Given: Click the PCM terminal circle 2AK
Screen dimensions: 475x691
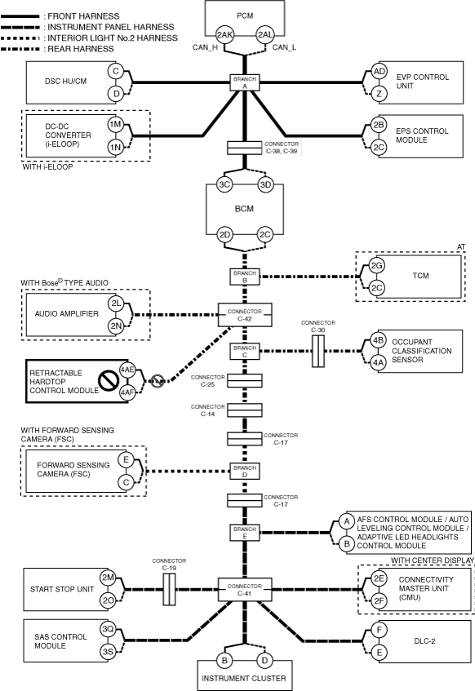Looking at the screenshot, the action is (x=224, y=35).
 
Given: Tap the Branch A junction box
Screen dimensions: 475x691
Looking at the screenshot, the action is (x=245, y=82).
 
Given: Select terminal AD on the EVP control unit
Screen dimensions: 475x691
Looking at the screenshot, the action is (x=379, y=72).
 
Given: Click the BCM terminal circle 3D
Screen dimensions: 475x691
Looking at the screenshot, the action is (x=265, y=184).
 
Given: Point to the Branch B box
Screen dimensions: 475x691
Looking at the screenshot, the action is (x=245, y=277).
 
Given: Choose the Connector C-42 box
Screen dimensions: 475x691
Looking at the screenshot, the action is (x=245, y=315).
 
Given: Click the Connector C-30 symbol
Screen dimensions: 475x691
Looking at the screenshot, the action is (x=318, y=352).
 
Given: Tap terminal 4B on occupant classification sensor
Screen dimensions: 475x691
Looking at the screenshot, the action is (x=378, y=340).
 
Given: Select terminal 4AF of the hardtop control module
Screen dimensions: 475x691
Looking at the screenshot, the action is (x=127, y=392).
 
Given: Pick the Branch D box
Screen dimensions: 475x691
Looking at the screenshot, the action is (x=245, y=472).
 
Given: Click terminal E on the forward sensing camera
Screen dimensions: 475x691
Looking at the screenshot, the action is (x=126, y=460).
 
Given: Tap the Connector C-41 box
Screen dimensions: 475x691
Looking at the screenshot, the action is (x=245, y=590).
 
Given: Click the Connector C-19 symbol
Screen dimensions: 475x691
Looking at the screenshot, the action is (x=169, y=589).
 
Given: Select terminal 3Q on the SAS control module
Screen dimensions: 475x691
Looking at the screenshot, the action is (x=108, y=629).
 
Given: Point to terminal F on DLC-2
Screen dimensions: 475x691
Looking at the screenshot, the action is (x=379, y=630).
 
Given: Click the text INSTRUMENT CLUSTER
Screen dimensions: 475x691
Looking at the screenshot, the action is (x=244, y=678).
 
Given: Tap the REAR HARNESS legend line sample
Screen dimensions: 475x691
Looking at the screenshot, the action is (x=20, y=49).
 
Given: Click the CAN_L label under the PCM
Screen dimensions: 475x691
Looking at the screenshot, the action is (x=284, y=47).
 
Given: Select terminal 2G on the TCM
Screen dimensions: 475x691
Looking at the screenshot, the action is (x=376, y=266).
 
